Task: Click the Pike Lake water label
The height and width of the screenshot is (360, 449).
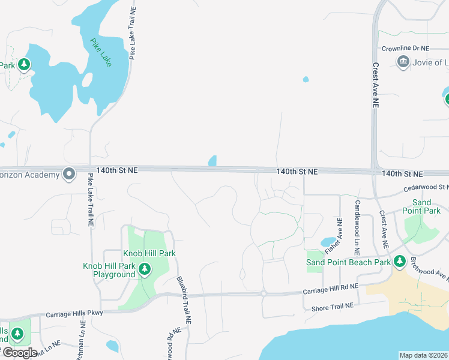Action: point(101,53)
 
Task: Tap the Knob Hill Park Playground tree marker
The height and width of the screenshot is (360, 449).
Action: point(144,270)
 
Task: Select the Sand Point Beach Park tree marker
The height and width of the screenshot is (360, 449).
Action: point(399,262)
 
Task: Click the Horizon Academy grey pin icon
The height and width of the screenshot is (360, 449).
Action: point(69,175)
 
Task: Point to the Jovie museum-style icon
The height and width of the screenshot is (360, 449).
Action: point(403,62)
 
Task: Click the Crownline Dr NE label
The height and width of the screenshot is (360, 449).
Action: point(406,48)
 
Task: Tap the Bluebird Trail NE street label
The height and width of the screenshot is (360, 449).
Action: point(183,300)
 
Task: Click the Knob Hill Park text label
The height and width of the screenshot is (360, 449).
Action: point(149,253)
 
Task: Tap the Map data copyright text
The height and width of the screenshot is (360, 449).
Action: point(423,355)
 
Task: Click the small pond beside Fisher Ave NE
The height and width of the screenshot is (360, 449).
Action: point(328,242)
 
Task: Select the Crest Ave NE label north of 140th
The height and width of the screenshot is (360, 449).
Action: point(376,85)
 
